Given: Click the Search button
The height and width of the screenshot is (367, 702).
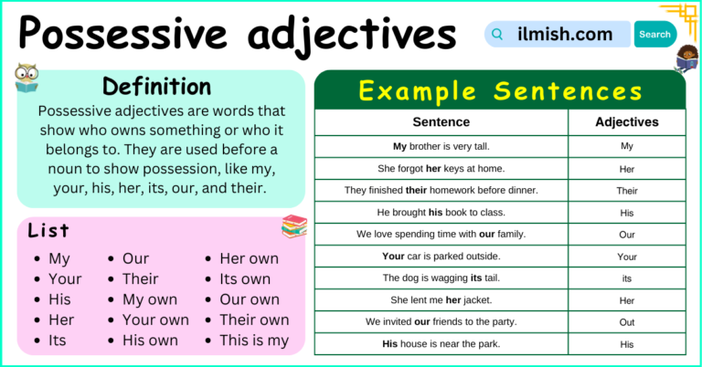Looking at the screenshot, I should (654, 35).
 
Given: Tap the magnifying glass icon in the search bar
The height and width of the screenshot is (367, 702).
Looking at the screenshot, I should (497, 35).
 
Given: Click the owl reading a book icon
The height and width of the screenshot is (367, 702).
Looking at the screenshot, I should (26, 79).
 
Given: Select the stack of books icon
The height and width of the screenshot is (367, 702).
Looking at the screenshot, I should (294, 225).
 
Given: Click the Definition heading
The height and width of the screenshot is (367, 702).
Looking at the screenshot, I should (156, 87).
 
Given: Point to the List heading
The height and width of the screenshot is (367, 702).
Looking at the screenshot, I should (48, 230).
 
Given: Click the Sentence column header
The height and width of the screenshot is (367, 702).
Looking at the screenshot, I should (441, 121).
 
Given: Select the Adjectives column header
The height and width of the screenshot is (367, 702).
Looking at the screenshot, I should (626, 121).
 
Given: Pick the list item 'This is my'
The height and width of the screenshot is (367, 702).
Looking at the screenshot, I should (253, 341).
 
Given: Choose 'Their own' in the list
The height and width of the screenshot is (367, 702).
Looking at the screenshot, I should (254, 320).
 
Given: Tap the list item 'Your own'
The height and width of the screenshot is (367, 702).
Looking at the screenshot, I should (155, 320).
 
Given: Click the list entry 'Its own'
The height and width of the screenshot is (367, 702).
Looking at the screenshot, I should (244, 278).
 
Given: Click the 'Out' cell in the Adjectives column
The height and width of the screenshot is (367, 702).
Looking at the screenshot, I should (626, 321).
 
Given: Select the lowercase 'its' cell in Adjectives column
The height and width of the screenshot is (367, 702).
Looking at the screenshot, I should (626, 278).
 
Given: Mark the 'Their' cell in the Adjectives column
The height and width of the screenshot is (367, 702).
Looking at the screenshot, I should (626, 191).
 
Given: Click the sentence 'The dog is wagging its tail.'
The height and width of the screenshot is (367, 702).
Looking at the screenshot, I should (441, 278).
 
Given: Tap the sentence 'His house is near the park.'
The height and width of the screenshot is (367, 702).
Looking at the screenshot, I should (441, 344).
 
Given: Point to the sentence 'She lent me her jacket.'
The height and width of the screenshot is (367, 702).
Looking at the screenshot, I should (441, 299).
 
